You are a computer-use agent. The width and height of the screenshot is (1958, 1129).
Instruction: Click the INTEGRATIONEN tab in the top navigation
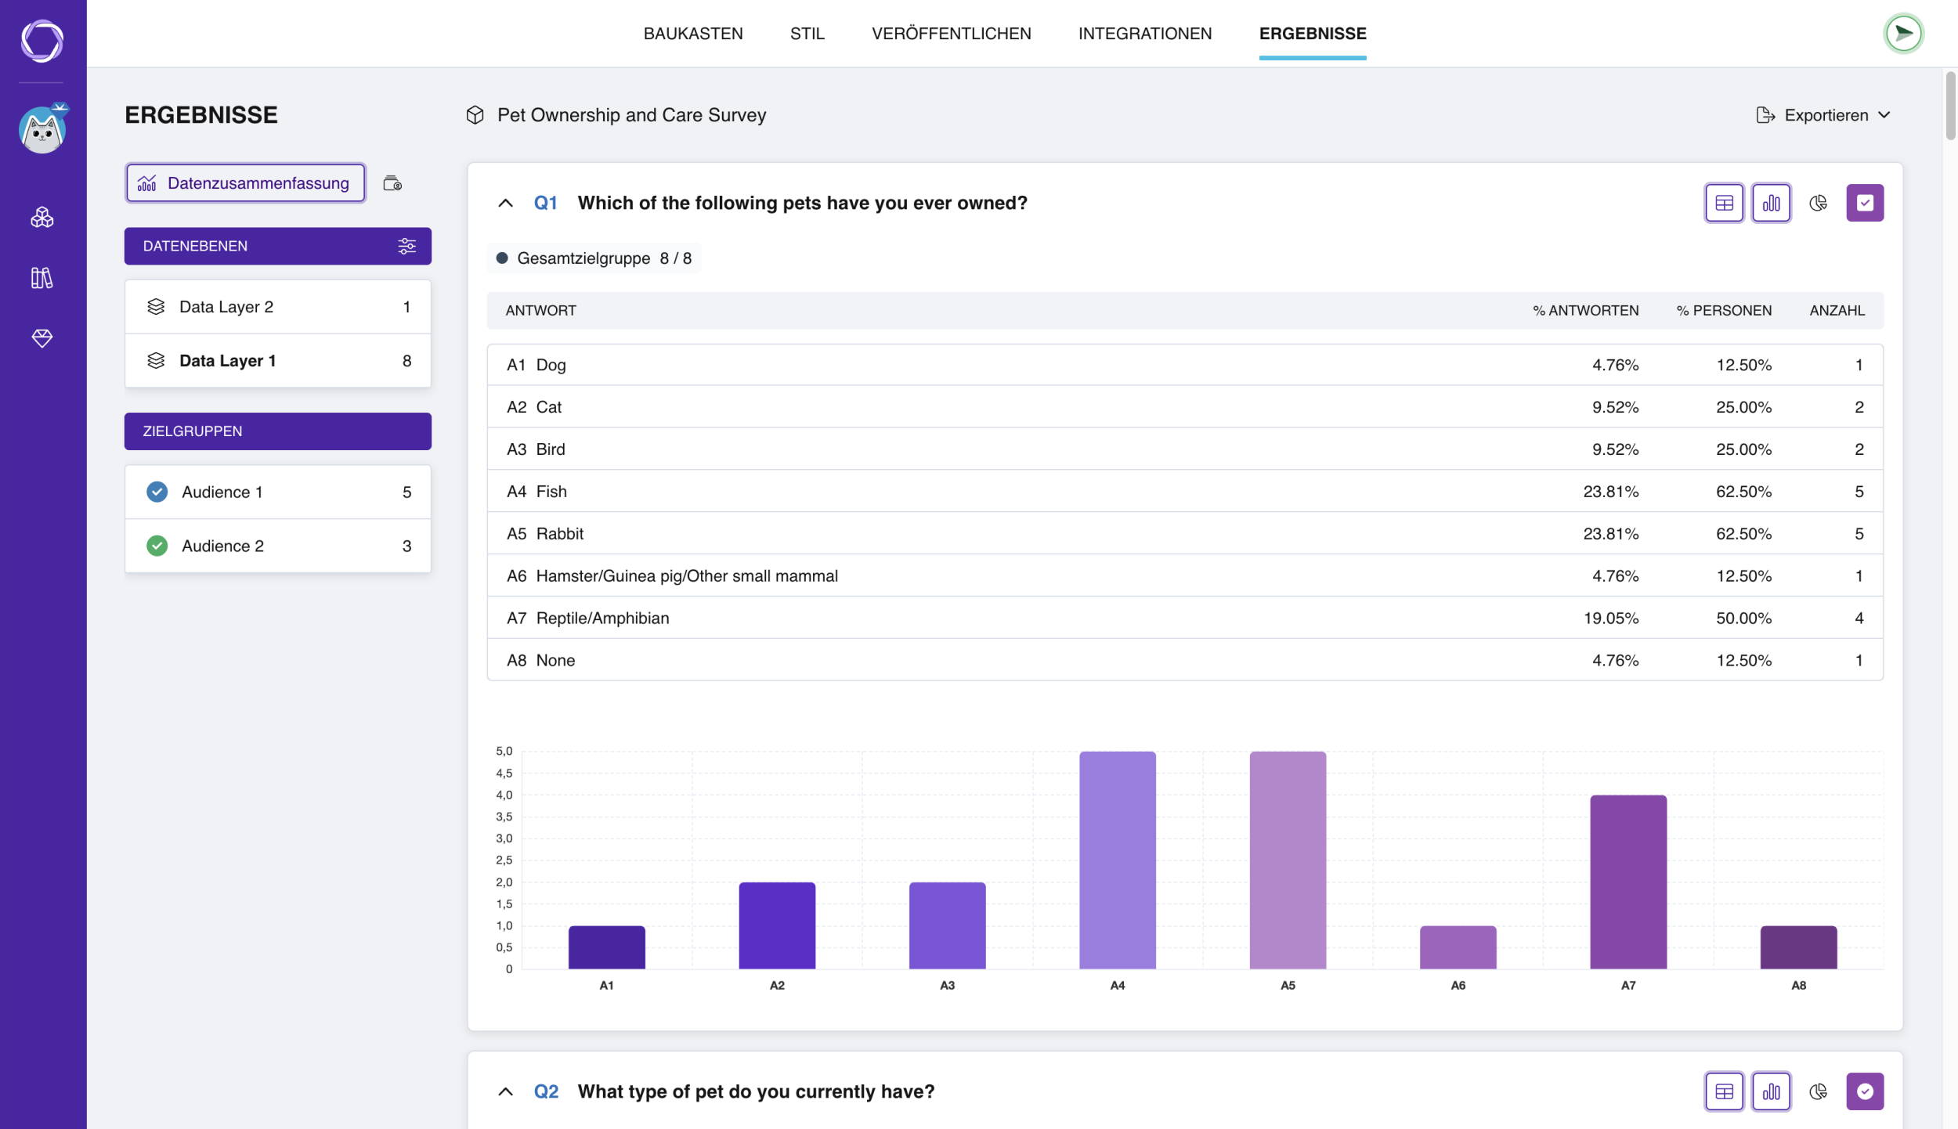click(x=1144, y=34)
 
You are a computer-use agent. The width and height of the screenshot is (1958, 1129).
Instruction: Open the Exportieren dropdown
click(x=1823, y=115)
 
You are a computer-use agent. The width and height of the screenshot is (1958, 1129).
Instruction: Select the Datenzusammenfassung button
click(x=245, y=183)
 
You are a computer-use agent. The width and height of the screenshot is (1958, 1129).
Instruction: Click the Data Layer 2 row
click(x=278, y=307)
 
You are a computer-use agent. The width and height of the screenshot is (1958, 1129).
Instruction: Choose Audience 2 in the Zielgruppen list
click(x=278, y=546)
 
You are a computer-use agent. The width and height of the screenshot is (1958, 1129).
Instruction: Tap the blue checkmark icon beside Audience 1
click(x=157, y=492)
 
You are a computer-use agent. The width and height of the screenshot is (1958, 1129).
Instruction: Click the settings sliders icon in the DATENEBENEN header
click(x=406, y=246)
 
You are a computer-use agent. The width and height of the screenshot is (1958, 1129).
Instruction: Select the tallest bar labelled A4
click(x=1117, y=860)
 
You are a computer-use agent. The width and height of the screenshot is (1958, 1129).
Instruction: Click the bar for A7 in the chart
click(x=1628, y=882)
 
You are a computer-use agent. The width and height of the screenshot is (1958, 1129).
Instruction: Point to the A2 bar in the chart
click(x=777, y=925)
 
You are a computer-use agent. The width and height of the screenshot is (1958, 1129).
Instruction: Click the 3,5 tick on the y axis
click(x=504, y=817)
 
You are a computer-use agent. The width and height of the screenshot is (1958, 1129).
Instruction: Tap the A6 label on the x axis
click(x=1458, y=985)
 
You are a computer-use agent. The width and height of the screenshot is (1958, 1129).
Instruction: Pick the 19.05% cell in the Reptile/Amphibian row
click(x=1610, y=618)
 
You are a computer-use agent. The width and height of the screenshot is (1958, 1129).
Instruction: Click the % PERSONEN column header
click(x=1723, y=311)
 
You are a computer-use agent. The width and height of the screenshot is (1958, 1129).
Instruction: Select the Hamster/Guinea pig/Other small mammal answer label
click(x=687, y=576)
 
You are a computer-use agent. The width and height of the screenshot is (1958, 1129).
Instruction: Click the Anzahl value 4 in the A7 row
click(x=1859, y=618)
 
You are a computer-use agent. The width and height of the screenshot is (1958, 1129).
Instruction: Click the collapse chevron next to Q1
click(x=505, y=203)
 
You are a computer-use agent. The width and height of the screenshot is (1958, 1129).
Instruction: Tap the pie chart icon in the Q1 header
click(x=1818, y=203)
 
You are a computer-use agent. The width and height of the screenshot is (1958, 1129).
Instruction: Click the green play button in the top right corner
click(x=1903, y=34)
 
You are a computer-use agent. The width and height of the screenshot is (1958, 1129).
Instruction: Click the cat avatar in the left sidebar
click(x=42, y=129)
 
